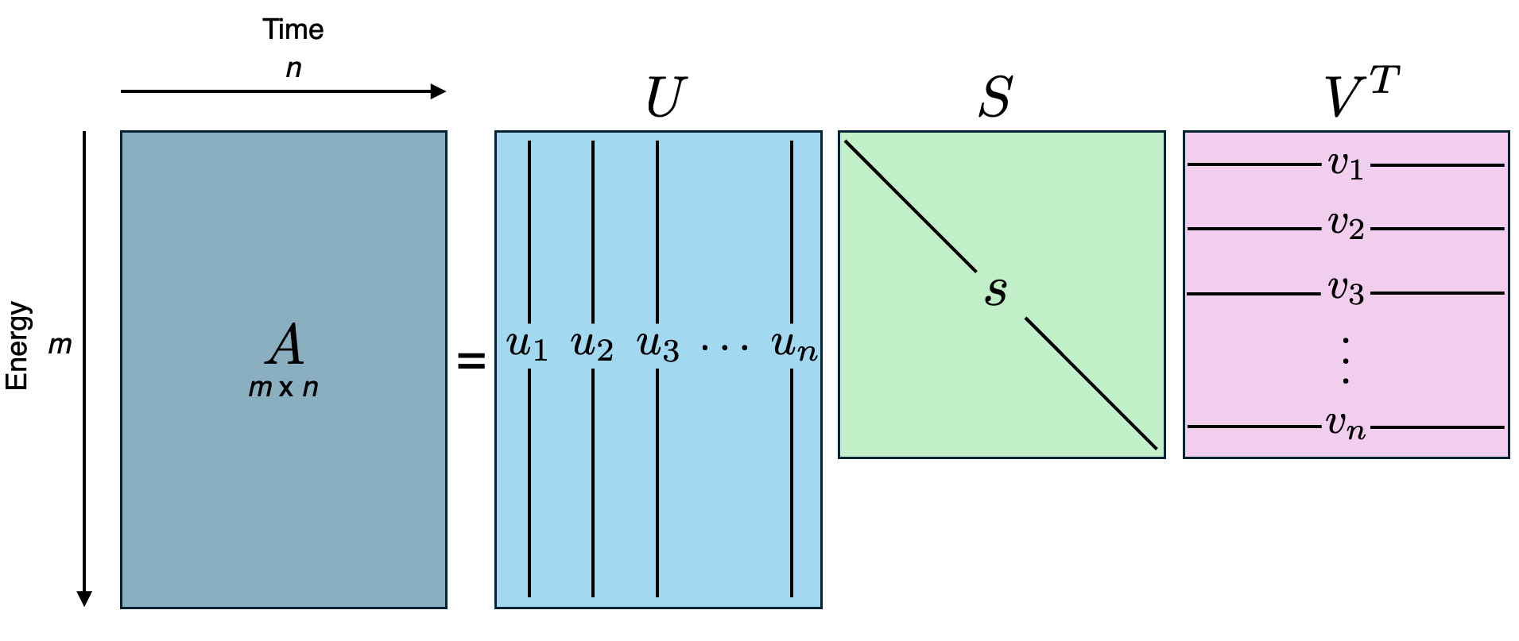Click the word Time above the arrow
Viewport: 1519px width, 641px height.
(293, 30)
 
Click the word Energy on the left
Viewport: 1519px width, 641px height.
(17, 346)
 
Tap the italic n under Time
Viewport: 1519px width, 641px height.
(293, 68)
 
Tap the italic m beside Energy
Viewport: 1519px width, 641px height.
(60, 346)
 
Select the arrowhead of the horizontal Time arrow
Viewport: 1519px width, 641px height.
(438, 91)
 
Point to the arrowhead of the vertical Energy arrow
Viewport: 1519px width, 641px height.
(83, 598)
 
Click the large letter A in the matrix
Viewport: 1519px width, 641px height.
(285, 346)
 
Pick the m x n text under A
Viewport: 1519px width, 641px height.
(283, 388)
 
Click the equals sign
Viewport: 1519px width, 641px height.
(471, 362)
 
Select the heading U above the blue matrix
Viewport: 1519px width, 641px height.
(665, 98)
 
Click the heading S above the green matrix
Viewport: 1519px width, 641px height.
(995, 98)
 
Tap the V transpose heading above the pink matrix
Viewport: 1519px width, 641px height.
(1360, 94)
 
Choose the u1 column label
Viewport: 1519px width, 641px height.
(527, 346)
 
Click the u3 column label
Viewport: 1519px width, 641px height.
(658, 346)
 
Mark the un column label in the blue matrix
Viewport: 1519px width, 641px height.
(794, 346)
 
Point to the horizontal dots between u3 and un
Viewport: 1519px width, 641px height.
(724, 347)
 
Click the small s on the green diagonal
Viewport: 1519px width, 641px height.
(996, 292)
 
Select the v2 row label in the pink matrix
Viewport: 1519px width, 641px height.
(1346, 226)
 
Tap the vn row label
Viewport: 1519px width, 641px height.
(1346, 427)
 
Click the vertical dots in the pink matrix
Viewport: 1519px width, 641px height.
(1345, 361)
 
